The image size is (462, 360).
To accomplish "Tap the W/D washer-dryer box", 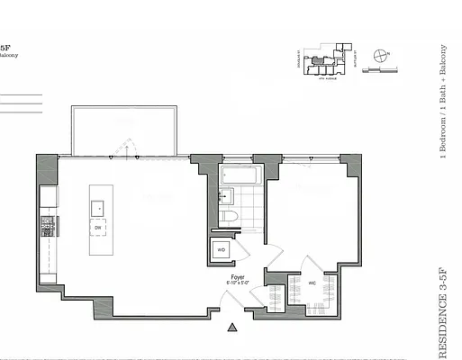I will point(221,250).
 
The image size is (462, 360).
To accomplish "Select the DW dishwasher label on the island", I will point(97,228).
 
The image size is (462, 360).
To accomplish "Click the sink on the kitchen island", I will point(97,207).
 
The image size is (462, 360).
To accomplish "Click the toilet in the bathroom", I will point(231,220).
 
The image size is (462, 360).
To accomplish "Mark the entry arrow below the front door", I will point(233,328).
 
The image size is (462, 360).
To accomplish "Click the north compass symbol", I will point(383,55).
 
